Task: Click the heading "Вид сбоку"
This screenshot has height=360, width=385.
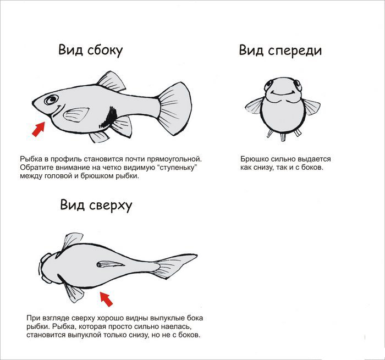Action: pos(90,51)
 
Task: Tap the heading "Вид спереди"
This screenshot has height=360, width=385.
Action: pos(280,51)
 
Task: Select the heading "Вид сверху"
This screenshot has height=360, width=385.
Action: pos(96,205)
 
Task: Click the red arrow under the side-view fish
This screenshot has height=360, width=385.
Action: pos(39,129)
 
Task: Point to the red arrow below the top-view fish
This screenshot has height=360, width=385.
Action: pos(106,298)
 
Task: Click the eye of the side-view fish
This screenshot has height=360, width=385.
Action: pos(51,99)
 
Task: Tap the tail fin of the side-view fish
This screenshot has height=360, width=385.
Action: pos(175,108)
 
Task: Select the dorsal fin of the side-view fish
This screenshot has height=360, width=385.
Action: pos(111,81)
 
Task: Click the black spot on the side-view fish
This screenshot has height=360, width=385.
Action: pos(109,117)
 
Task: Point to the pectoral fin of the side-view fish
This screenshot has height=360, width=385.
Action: pos(76,114)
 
